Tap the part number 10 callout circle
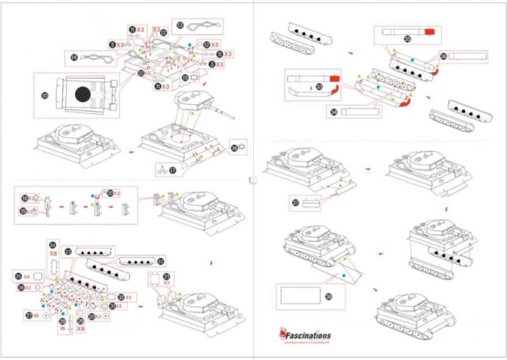pos(44,95)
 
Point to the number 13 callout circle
pos(180,26)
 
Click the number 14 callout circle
pos(73,57)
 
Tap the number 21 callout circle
pos(166,276)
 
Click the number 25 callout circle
pos(18,276)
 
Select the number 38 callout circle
pos(328,296)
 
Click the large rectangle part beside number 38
pos(300,297)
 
